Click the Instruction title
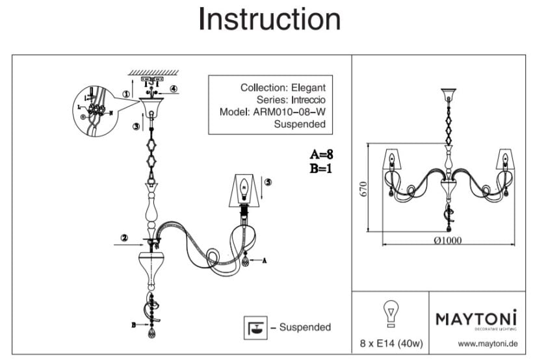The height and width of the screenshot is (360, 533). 269,20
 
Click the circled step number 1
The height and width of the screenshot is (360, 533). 125,92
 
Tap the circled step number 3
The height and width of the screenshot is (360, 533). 135,127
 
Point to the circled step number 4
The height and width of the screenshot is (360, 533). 174,88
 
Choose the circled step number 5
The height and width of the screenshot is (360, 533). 268,183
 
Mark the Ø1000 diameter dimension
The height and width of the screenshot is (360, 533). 447,239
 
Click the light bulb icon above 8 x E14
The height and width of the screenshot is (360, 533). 390,314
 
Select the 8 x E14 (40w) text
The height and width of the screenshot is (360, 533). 390,342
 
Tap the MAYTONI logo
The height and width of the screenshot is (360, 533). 475,318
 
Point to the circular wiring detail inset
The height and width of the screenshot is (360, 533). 95,110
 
